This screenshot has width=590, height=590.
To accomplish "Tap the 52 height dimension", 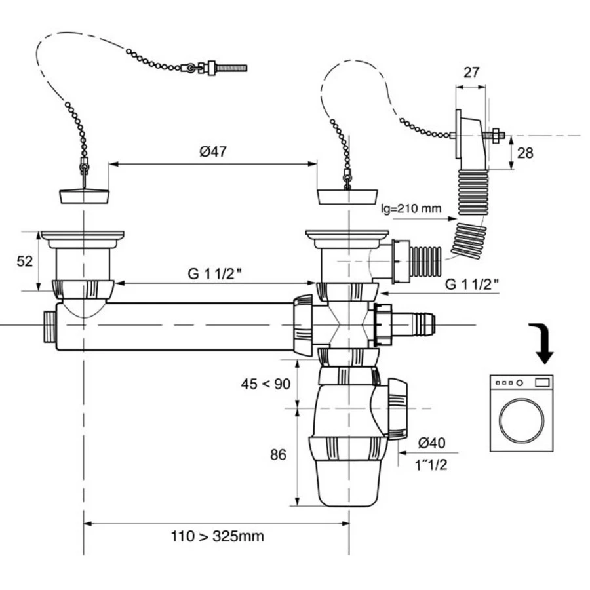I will click(24, 261).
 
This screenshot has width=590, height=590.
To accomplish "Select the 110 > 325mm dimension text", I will click(217, 536).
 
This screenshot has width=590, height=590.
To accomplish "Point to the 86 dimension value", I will click(278, 454).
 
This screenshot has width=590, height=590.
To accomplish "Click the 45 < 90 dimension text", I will click(265, 384).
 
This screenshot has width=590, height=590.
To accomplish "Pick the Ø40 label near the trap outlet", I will click(431, 443).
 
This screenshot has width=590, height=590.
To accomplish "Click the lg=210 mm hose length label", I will click(410, 210).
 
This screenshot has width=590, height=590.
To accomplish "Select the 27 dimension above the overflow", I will click(471, 73).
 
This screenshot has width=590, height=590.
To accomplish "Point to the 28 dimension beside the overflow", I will click(525, 153).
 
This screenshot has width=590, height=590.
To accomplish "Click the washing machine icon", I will click(521, 413).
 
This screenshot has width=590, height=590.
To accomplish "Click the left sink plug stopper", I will click(83, 195).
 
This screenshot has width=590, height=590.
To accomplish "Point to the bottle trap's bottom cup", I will click(347, 484).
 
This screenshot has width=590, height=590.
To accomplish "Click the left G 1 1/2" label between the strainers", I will click(214, 273).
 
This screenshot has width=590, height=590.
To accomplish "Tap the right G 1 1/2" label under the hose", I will click(471, 284).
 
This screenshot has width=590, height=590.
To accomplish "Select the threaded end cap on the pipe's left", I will click(48, 326).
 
